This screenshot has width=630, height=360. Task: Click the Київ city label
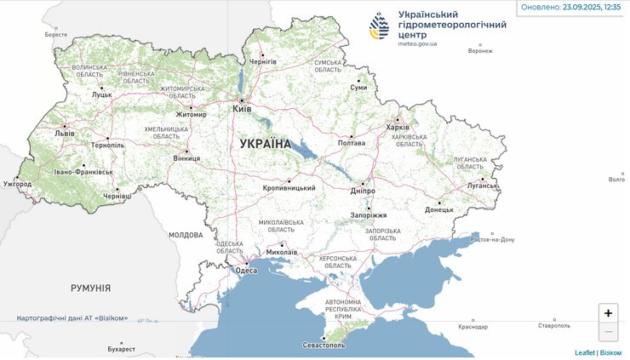[x=242, y=110]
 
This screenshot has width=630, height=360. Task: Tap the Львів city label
[x=64, y=134]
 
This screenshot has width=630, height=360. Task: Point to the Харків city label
[x=398, y=128]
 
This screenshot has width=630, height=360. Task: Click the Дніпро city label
[x=363, y=191]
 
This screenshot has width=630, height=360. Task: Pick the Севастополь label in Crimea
[x=324, y=346]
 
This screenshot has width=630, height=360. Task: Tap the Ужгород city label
[x=17, y=183]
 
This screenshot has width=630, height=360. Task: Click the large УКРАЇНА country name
[x=266, y=144]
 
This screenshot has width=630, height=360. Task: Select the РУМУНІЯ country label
[x=90, y=289]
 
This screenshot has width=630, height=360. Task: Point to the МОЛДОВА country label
[x=186, y=234]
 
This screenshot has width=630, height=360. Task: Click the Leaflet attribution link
[x=584, y=352]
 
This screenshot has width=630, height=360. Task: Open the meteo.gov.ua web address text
[x=417, y=43]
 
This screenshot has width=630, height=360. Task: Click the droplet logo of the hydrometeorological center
[x=380, y=26]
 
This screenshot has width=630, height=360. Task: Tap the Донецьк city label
[x=439, y=209]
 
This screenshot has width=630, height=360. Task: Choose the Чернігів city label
[x=262, y=62]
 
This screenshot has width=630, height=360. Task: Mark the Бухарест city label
[x=122, y=349]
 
